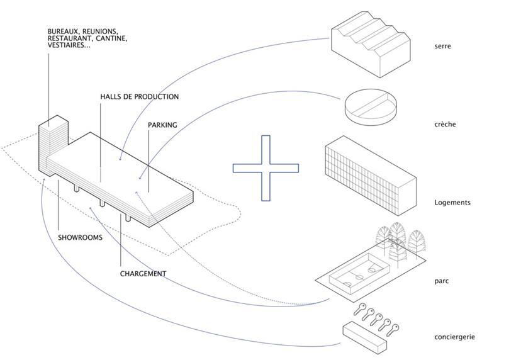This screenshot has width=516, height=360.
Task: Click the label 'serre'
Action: (442, 47)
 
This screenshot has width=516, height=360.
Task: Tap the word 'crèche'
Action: (445, 125)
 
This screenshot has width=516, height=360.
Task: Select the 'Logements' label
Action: (452, 203)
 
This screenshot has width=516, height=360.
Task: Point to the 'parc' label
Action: (442, 281)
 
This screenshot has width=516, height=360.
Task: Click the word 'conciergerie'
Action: (454, 337)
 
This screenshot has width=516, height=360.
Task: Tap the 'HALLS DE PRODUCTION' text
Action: (139, 97)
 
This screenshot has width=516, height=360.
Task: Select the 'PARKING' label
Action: (162, 125)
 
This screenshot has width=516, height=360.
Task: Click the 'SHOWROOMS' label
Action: (80, 238)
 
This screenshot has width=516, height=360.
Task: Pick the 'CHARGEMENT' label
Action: (143, 274)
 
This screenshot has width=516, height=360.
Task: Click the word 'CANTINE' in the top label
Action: (113, 38)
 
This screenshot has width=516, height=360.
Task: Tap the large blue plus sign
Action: (266, 168)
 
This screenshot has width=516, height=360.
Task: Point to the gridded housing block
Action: (369, 177)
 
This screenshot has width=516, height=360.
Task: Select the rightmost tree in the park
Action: (417, 242)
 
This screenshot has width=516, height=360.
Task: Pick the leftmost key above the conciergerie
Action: (361, 309)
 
